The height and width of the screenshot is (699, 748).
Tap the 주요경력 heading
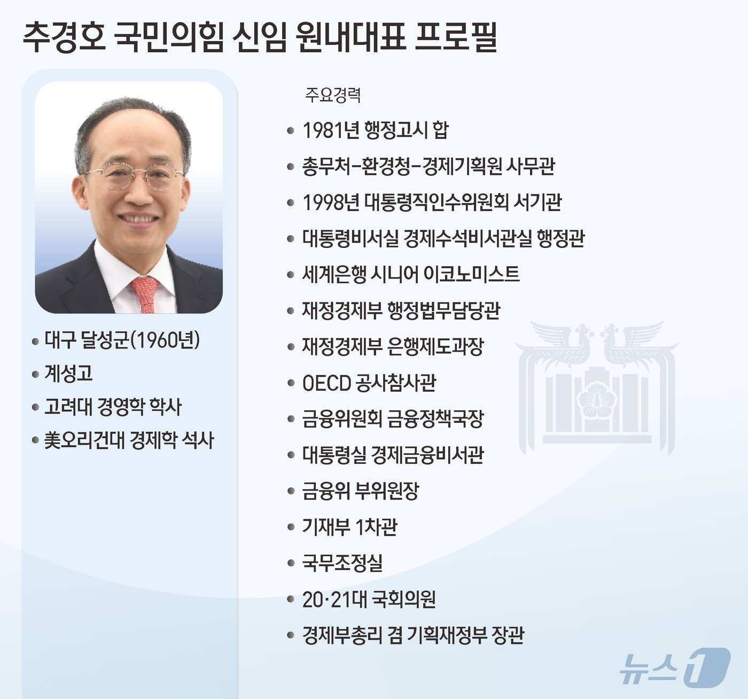tap(333, 95)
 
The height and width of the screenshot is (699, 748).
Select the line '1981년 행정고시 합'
tap(376, 130)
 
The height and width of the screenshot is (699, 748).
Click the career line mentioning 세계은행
tap(410, 274)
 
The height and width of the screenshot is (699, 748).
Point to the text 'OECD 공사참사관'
tap(369, 383)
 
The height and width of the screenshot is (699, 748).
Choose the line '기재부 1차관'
tap(350, 527)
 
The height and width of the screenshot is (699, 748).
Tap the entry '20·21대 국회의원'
tap(369, 599)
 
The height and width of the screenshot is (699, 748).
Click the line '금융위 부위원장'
tap(361, 491)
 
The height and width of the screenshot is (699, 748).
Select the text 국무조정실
tap(342, 563)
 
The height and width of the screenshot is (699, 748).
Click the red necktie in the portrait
tap(144, 294)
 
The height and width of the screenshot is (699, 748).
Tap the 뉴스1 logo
tap(674, 666)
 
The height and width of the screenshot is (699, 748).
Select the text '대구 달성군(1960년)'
tap(122, 340)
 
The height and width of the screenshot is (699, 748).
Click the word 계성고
tap(68, 373)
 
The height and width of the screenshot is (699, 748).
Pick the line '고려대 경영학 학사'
tap(113, 407)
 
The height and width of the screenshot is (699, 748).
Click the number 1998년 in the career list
tap(331, 202)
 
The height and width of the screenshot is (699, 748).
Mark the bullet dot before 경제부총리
tap(291, 635)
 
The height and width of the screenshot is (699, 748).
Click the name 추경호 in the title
tap(64, 37)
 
